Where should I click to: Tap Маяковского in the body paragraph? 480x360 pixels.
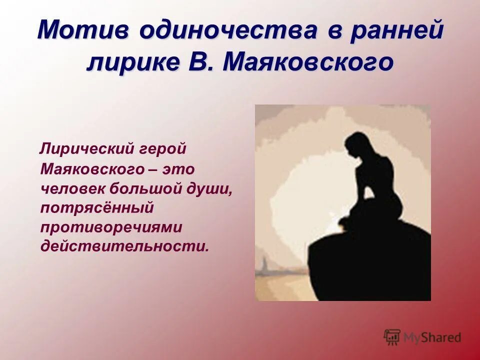coord(92,168)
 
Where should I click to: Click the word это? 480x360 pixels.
coord(177,168)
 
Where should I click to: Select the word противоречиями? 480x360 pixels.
coord(111,226)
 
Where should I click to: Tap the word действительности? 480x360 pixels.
coord(123,246)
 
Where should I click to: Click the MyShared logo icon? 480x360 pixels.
coord(392,337)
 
